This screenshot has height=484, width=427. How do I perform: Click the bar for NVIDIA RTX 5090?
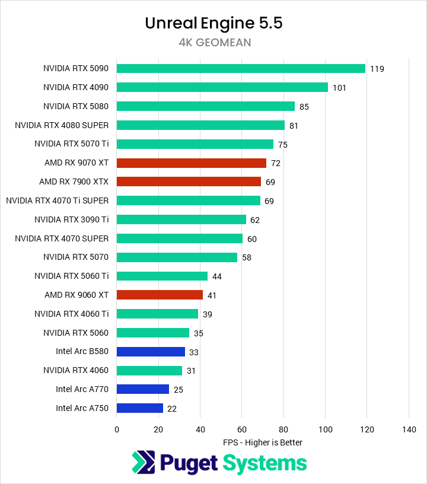[x=241, y=68]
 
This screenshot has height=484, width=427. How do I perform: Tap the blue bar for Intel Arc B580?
[x=151, y=351]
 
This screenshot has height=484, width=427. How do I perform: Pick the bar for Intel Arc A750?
[x=139, y=408]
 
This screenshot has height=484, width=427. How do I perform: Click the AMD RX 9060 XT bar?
[x=160, y=295]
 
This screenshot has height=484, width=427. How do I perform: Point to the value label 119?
[x=377, y=69]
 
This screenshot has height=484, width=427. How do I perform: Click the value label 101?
[x=339, y=88]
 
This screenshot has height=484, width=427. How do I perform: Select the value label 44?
[x=216, y=276]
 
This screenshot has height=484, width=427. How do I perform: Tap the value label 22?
[x=172, y=409]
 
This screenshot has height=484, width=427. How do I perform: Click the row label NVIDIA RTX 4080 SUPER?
[x=62, y=125]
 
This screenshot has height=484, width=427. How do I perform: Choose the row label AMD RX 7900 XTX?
[x=74, y=181]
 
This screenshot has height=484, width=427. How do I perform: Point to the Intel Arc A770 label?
[x=82, y=389]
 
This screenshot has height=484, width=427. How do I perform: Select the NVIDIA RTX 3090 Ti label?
[x=71, y=219]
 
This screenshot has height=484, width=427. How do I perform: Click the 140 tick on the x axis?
[x=409, y=429]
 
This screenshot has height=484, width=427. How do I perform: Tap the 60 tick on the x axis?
[x=242, y=429]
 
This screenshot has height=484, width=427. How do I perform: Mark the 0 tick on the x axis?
[x=117, y=429]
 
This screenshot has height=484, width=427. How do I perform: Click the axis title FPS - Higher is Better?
[x=263, y=442]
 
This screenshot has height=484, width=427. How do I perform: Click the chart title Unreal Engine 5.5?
[x=213, y=23]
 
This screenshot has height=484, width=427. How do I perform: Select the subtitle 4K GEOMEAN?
[x=213, y=43]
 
